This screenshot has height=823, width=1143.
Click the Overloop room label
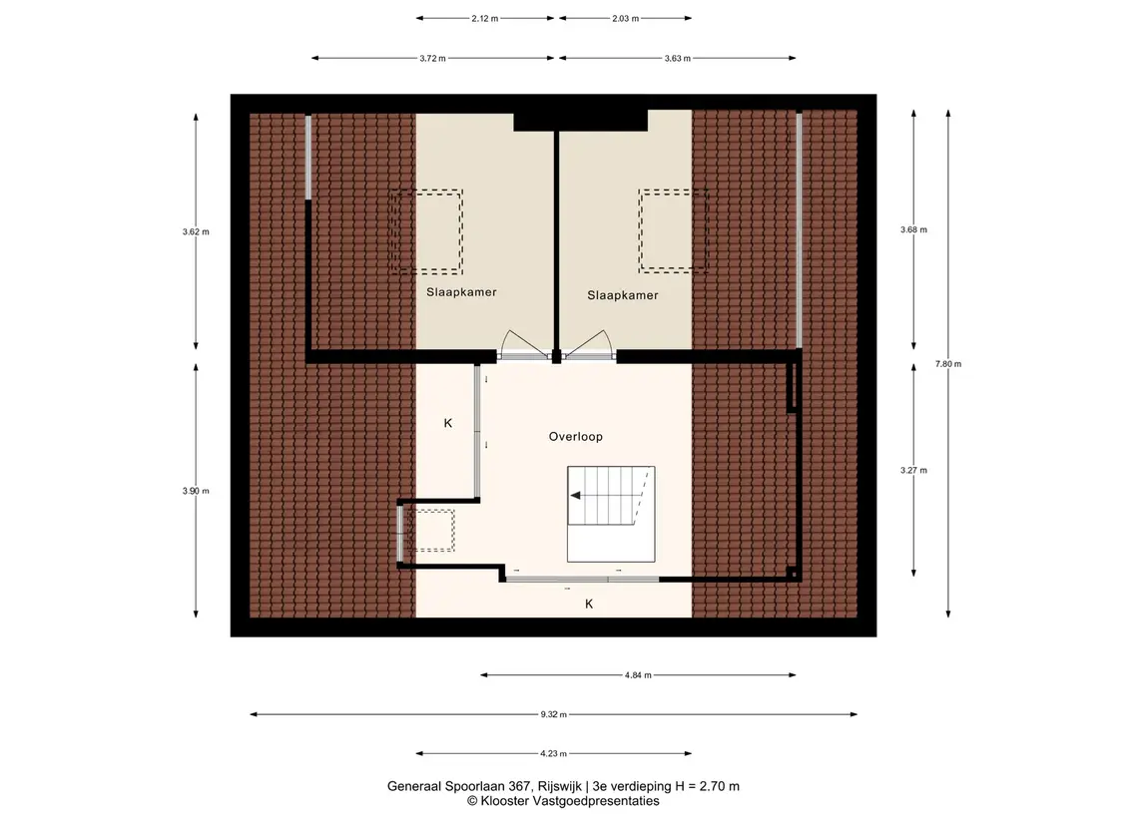coord(575,437)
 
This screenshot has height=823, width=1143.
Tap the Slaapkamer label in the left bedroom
coord(461,292)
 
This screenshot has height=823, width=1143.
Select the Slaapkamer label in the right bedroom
coord(623,295)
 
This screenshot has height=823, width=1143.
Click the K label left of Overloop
coord(448,423)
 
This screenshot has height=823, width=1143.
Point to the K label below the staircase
coord(589,604)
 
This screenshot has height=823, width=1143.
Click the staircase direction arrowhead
coord(575,495)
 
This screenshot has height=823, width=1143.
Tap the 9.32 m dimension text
coord(553,714)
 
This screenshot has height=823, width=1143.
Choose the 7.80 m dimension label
coord(948,364)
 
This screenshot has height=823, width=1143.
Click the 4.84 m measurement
coord(638,675)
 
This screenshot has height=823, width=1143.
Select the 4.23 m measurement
coord(553,754)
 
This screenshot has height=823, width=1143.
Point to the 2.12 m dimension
coord(485,18)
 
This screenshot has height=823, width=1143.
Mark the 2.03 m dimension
coord(626,18)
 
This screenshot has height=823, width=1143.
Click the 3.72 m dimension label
coord(432,58)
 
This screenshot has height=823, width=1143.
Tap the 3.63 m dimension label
coord(677,58)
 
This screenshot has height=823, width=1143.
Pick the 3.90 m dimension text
coord(196,491)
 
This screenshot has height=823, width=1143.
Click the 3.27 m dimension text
coord(913,471)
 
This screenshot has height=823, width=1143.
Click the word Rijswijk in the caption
coord(559,786)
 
